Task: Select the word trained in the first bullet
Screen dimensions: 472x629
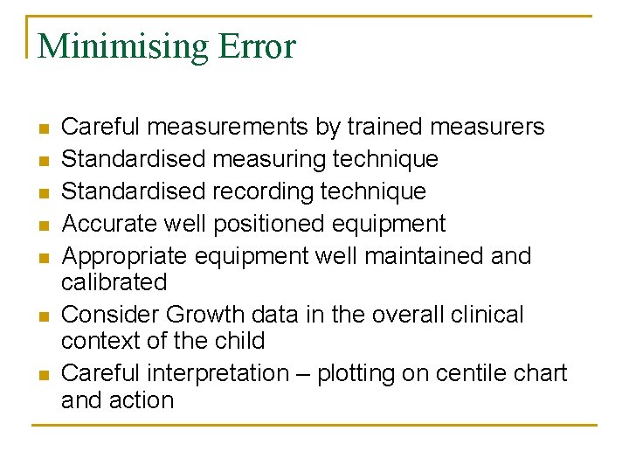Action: (385, 127)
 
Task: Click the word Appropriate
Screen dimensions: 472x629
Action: (124, 256)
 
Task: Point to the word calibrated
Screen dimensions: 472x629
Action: (114, 282)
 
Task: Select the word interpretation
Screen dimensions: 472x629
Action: (218, 373)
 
